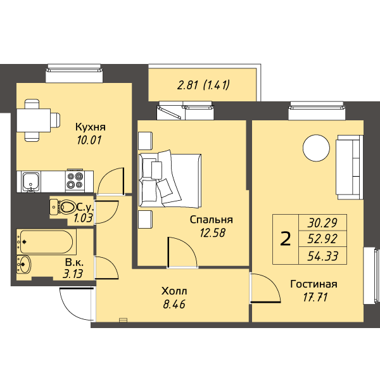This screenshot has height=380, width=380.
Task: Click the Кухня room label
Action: (x=91, y=127)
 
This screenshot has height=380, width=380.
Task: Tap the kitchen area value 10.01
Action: (x=89, y=140)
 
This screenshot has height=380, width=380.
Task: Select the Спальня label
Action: (x=212, y=220)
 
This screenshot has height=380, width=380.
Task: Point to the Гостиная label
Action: (x=313, y=284)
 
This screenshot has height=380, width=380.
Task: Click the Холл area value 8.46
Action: (x=174, y=304)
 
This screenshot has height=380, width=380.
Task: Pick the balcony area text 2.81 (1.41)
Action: (x=203, y=85)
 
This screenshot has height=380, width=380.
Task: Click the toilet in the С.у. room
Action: (x=62, y=207)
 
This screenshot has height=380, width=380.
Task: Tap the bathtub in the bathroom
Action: (x=46, y=242)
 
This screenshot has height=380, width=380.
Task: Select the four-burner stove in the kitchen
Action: (x=75, y=180)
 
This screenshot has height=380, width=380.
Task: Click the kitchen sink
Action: (x=31, y=182)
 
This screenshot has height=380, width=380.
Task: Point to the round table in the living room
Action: (x=316, y=148)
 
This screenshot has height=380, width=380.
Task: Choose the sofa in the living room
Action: (x=349, y=167)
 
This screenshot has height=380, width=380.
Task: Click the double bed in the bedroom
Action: (x=170, y=180)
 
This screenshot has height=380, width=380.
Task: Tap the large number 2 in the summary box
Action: (x=285, y=239)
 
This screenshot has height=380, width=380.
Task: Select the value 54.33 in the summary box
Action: (x=322, y=256)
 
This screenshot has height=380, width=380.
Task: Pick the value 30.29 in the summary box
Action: (x=322, y=223)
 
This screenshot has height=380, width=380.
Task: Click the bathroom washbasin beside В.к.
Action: (x=24, y=264)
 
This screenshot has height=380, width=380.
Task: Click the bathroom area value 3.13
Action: (x=73, y=274)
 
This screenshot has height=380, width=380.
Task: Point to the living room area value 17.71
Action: (x=315, y=297)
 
